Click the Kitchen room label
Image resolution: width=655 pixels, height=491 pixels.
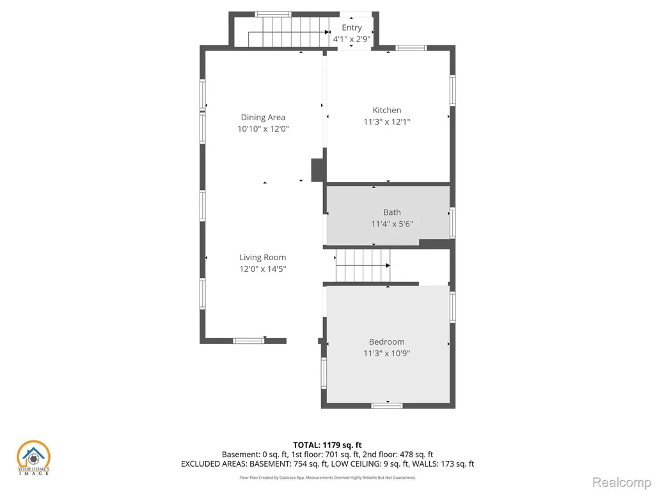point(387,110)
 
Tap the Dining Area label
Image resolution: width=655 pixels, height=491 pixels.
point(263,118)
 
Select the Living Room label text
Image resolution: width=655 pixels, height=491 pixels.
point(263,258)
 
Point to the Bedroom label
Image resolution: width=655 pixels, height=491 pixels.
point(387,342)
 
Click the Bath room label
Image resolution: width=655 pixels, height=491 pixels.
point(392,212)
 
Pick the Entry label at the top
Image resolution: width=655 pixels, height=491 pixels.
point(352,28)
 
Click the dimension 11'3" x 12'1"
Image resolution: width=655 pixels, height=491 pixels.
point(387,122)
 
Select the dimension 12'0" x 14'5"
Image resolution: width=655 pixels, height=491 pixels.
point(263,269)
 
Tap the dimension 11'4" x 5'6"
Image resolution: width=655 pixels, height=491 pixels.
point(392,224)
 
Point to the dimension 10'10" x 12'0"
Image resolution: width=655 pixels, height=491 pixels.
point(263,129)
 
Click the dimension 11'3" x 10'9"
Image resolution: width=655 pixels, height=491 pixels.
point(387,353)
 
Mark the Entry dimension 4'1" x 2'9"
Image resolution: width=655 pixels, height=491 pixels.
point(352,39)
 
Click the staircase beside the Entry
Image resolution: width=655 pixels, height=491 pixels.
point(289,32)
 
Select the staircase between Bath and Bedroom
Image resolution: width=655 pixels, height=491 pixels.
point(363,265)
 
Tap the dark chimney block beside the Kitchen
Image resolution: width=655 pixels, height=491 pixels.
point(319,170)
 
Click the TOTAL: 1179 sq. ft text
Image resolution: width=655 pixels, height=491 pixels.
point(327,445)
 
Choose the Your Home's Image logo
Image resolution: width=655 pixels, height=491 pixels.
point(33,458)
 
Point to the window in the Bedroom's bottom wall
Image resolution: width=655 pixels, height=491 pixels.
point(387,405)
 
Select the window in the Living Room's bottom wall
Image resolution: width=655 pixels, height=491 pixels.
point(249,341)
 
